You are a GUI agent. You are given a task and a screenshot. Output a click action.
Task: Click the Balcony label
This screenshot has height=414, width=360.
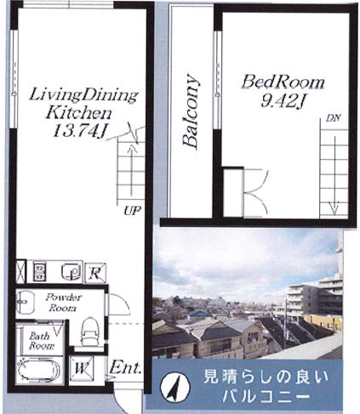[191, 111]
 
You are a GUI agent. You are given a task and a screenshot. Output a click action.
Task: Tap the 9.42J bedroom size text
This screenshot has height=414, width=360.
[283, 101]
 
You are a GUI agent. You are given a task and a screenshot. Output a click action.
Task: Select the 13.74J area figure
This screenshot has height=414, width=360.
[80, 131]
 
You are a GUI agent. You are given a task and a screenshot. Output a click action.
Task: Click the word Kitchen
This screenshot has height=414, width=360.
[79, 113]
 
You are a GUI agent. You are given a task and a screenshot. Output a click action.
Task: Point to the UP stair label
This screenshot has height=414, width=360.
[132, 211]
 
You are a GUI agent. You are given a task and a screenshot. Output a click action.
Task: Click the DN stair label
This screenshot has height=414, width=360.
[334, 118]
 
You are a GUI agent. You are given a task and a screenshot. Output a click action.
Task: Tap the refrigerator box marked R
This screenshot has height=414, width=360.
[95, 273]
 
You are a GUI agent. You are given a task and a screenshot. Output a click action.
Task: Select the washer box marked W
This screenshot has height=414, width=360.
[82, 368]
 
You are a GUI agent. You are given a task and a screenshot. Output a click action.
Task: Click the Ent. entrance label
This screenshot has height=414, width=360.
[125, 368]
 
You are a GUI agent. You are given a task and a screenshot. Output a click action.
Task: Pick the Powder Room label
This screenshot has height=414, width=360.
[63, 303]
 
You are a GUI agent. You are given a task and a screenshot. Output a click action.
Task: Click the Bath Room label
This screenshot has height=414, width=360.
[41, 341]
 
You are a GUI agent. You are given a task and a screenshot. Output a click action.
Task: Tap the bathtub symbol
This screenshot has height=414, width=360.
[38, 370]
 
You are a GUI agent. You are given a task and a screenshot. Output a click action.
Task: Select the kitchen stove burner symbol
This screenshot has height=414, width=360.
[39, 272]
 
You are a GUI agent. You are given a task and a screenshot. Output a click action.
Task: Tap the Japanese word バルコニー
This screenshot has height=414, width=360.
[265, 396]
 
